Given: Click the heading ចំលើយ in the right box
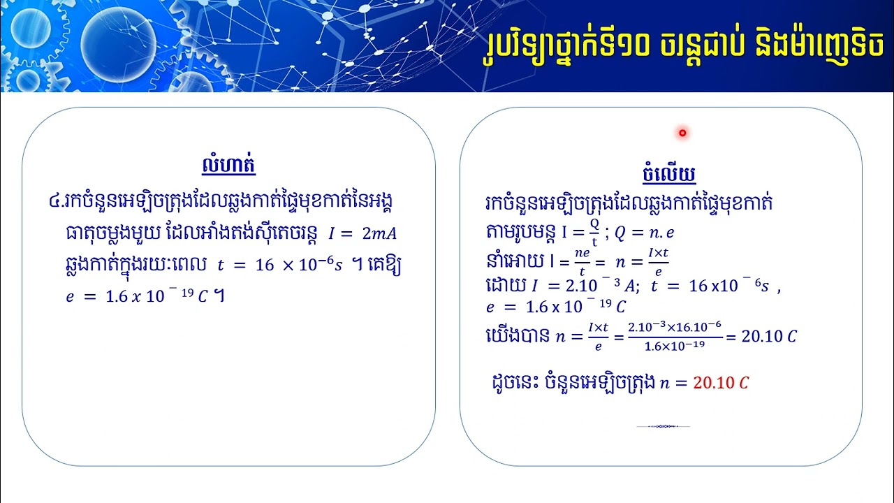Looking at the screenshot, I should point(668,173).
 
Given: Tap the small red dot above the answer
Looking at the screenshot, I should point(682,133).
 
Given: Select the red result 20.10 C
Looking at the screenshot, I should point(721,383).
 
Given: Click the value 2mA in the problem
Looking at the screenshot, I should point(379,233).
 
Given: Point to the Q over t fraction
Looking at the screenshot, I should point(594,231).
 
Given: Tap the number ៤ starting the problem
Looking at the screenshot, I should point(54,202).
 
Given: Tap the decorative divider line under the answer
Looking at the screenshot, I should point(663,426).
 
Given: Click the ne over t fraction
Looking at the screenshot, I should point(581,259).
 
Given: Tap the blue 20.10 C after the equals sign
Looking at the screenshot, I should point(768,337).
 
